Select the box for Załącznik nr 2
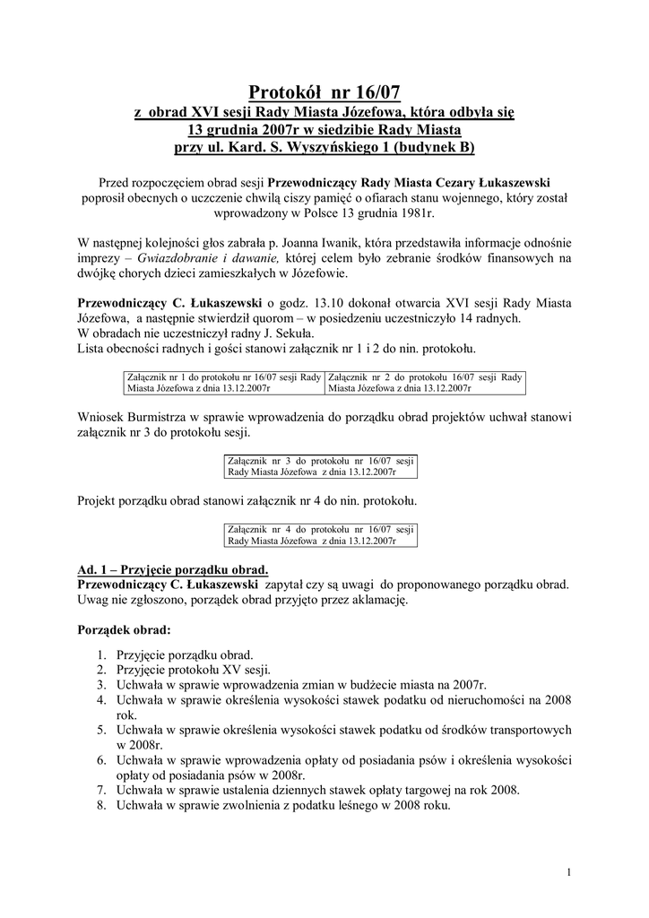pos(426,383)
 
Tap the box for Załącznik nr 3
pos(320,464)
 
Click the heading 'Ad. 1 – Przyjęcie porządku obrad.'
pos(173,570)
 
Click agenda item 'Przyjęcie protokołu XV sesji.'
pos(194,670)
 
